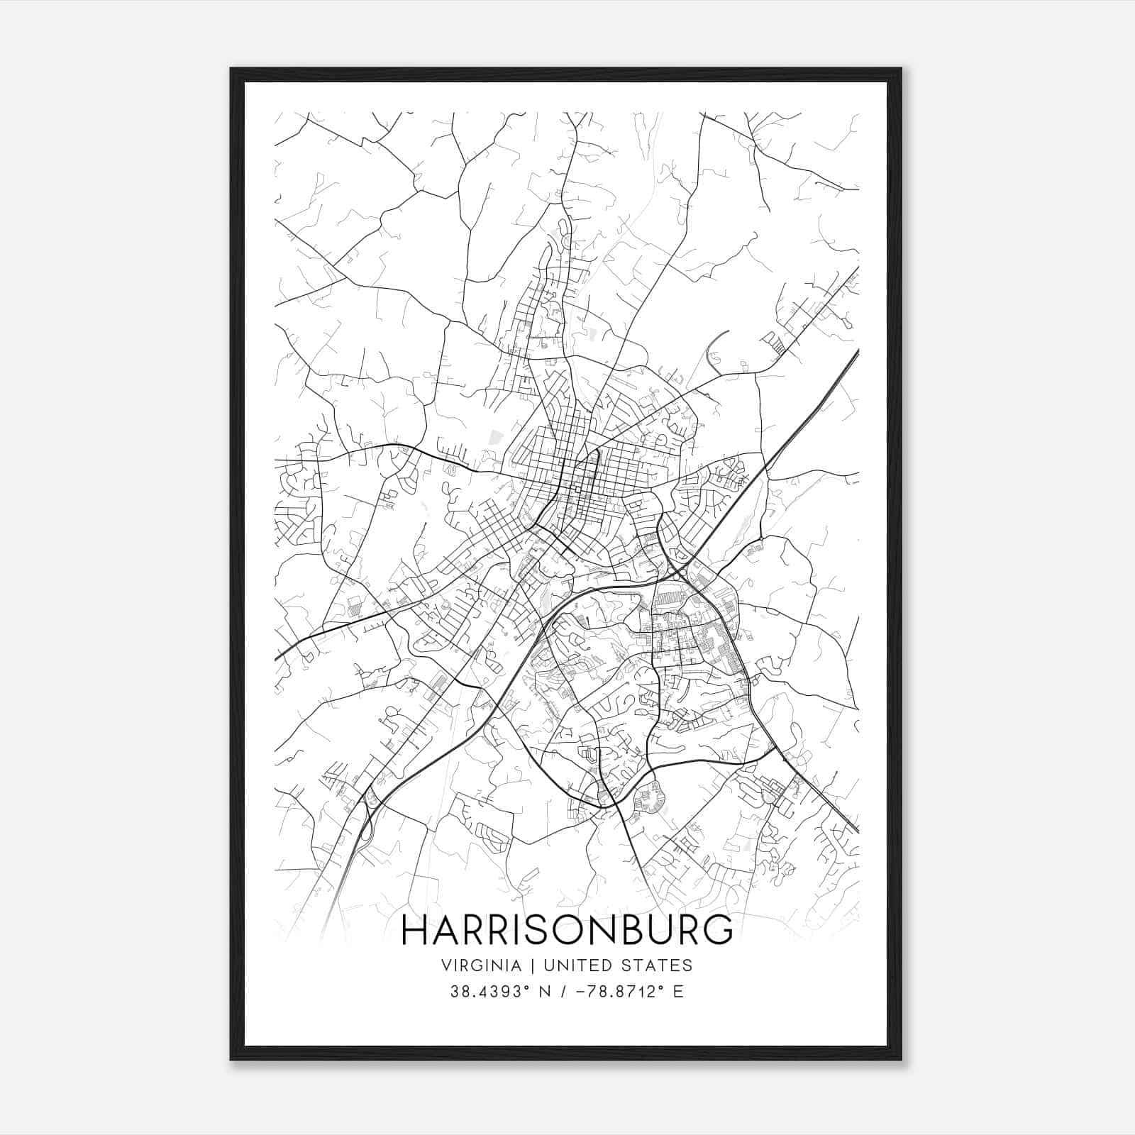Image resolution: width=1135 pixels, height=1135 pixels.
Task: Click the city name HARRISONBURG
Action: [567, 930]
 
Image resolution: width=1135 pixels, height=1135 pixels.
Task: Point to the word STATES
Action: [658, 965]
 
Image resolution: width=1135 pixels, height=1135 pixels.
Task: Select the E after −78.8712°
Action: [678, 992]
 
